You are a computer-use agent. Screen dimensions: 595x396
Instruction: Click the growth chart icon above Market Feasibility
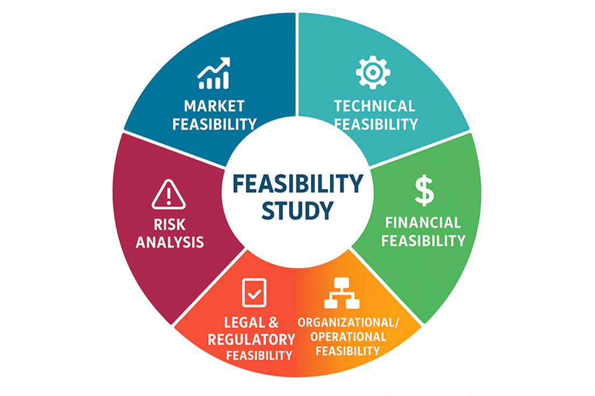pos(214,73)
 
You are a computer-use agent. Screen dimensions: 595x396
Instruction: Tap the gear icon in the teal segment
pos(373,72)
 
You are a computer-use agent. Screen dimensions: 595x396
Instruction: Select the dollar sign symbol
pos(424,190)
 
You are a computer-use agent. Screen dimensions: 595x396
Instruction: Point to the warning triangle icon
pos(168,194)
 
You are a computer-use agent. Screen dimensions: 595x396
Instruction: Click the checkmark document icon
pos(254,293)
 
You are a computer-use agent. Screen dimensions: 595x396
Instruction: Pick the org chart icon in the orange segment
pos(342,293)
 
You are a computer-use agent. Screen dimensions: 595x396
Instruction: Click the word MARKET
pos(215,106)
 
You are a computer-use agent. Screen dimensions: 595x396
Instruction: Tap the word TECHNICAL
pos(374,106)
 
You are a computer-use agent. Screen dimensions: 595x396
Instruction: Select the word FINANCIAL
pos(423,223)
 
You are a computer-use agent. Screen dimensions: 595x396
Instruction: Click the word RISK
pos(169,225)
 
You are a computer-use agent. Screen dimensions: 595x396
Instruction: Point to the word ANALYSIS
pos(169,242)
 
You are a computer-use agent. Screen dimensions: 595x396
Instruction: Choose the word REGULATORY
pos(251,339)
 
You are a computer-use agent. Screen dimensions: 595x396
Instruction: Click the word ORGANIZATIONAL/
pos(349,323)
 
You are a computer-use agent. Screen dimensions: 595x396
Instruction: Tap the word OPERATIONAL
pos(349,337)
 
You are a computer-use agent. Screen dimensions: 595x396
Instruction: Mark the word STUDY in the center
pos(297,211)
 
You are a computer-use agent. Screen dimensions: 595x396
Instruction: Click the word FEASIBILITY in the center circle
pos(298,184)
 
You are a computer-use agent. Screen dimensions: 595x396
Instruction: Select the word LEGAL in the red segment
pos(244,323)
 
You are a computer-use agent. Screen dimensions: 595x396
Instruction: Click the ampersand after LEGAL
pos(273,323)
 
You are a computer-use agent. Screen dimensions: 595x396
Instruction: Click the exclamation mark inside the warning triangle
pos(168,195)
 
